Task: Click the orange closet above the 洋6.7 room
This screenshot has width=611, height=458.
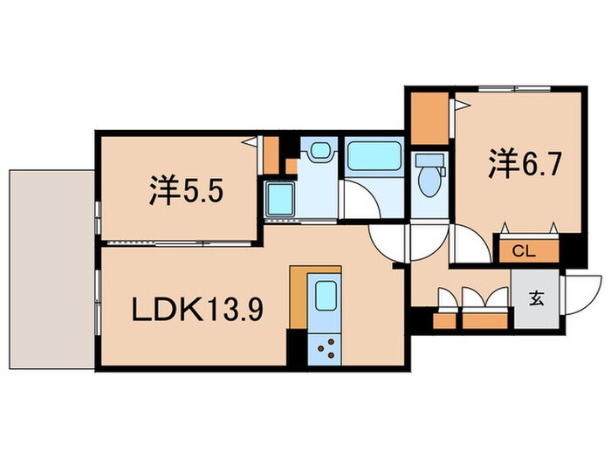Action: (x=429, y=120)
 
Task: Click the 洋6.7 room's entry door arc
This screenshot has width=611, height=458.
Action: (x=471, y=244)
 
